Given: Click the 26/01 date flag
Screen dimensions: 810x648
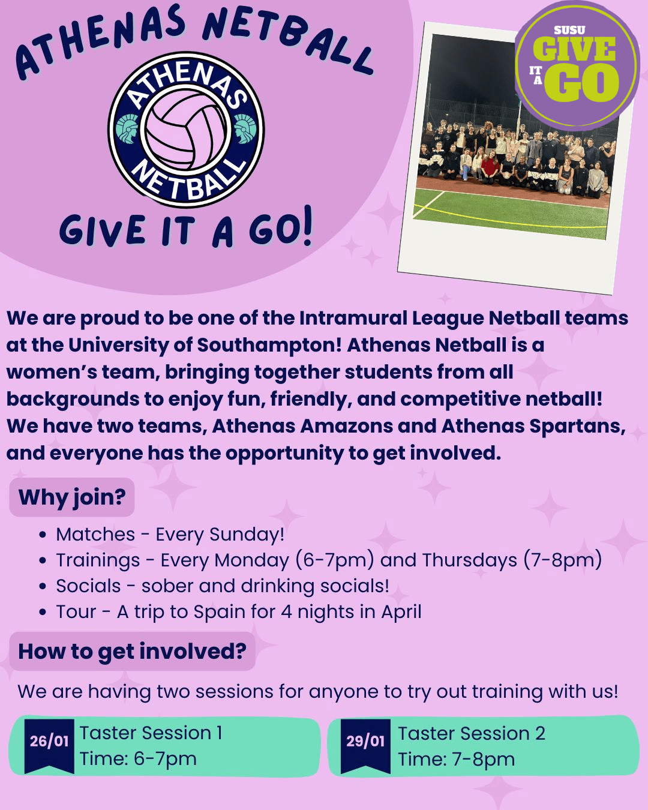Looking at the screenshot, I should (x=49, y=744).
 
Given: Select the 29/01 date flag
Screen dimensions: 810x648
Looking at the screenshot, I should (x=365, y=744).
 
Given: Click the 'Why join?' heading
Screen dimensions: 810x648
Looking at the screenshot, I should (x=72, y=497).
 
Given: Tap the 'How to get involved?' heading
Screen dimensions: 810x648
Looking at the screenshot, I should (x=133, y=652).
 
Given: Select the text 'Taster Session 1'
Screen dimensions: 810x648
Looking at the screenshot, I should (x=151, y=733).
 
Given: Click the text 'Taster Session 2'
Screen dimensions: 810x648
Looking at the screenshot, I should (x=472, y=733).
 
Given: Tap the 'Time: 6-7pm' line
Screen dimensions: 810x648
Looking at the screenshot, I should (x=139, y=759).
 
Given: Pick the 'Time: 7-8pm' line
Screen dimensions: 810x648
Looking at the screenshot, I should (x=457, y=759).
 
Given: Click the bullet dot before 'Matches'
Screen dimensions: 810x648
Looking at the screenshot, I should (x=42, y=535).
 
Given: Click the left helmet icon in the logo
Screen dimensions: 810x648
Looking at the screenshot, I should (x=128, y=128).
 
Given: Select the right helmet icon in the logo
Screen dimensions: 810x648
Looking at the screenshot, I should (x=245, y=128).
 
